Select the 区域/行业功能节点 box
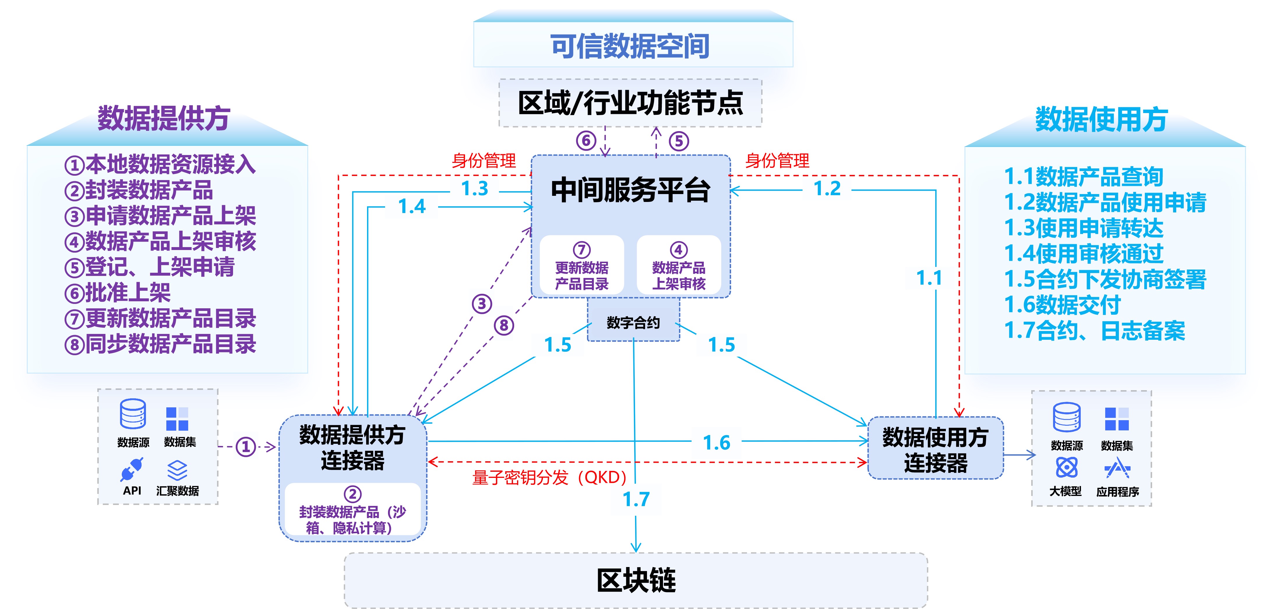pos(630,103)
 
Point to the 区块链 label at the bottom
pos(636,580)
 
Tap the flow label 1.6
pos(717,442)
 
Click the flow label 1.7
pos(636,499)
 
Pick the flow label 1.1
pos(929,278)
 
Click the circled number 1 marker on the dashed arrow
pos(246,447)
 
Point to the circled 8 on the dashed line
pos(504,325)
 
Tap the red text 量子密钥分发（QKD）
pos(549,478)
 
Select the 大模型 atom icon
pos(1066,467)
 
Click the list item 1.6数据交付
pos(1062,304)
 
